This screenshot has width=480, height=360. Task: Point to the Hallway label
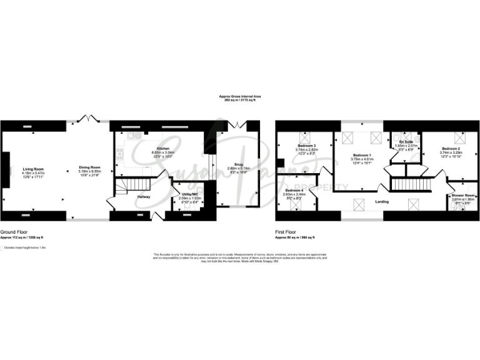143,197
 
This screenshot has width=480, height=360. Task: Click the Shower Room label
464,196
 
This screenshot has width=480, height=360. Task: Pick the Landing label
382,202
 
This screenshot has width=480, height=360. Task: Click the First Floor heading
287,231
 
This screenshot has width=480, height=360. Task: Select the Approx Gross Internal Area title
239,96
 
